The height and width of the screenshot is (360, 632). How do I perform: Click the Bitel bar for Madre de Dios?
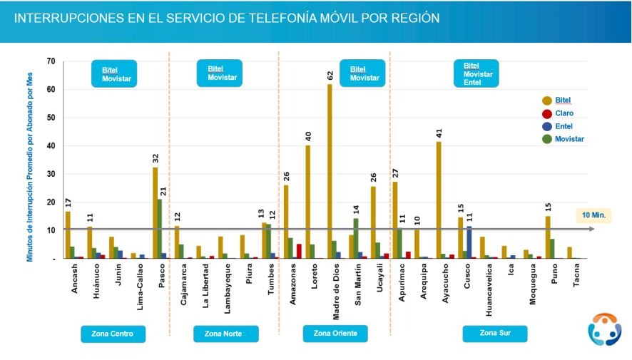tap(330, 171)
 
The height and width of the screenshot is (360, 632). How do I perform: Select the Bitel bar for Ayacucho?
tap(439, 200)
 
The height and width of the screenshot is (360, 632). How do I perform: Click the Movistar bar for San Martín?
tap(356, 238)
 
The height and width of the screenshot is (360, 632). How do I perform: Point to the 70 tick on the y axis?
tap(50, 61)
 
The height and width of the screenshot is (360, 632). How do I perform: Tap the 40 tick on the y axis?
tap(50, 146)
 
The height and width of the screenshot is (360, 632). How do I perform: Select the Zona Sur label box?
tap(494, 334)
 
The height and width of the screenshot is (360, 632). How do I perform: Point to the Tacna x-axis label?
tap(570, 278)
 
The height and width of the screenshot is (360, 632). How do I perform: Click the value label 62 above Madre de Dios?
tap(330, 75)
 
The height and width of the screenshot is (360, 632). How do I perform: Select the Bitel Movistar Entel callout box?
tap(476, 73)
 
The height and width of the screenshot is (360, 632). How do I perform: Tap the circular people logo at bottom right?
tap(604, 329)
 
